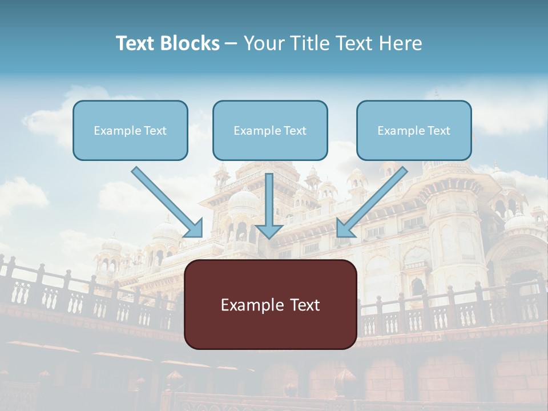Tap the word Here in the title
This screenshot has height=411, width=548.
(401, 43)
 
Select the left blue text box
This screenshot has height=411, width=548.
(130, 130)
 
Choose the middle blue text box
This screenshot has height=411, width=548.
(270, 130)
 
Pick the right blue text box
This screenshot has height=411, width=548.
(414, 130)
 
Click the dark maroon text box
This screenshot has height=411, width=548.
(270, 304)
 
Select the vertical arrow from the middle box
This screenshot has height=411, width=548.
(269, 200)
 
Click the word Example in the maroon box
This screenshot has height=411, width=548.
(248, 305)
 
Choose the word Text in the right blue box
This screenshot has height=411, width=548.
(439, 131)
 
